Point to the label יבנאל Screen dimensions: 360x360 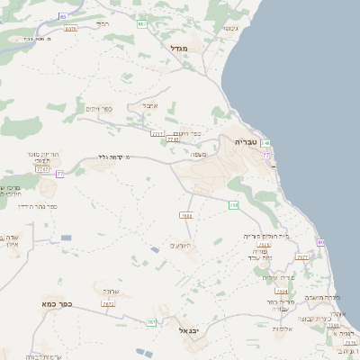[x=189, y=330]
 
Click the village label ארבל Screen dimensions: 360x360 [x=149, y=105]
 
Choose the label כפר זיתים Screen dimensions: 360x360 [x=99, y=109]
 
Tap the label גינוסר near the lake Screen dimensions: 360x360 [x=229, y=28]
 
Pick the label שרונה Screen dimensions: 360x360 [x=112, y=292]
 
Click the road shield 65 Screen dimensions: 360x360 [x=62, y=16]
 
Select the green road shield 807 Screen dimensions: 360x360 [x=141, y=24]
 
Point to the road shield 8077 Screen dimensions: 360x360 [x=71, y=29]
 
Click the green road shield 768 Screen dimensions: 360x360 [x=233, y=206]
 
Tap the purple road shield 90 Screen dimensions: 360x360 [x=320, y=242]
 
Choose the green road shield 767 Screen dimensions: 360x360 [x=151, y=321]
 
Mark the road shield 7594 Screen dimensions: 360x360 [x=283, y=292]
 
